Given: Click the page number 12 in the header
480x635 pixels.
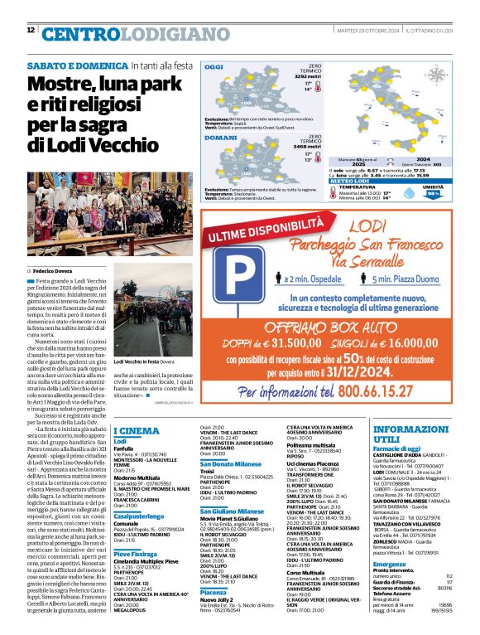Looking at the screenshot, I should pos(31,30).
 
